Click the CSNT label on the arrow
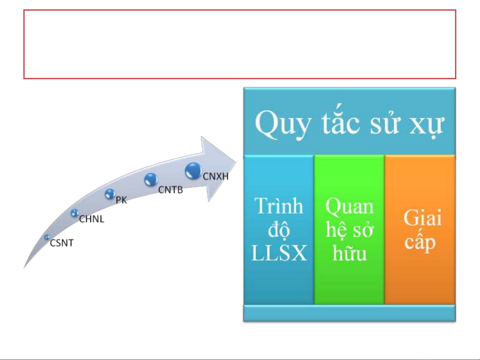[62, 243]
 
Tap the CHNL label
[91, 219]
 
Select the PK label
[121, 200]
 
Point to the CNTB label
[171, 190]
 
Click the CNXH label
[216, 177]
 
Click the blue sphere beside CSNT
[47, 237]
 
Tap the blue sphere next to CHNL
[75, 213]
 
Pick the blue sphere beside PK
[110, 194]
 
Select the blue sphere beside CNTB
[151, 180]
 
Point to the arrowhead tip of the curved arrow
[236, 163]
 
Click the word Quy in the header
[283, 124]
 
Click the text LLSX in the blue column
[279, 253]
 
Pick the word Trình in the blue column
[279, 205]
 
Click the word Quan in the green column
[349, 206]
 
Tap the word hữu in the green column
[349, 253]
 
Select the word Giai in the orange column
[422, 217]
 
